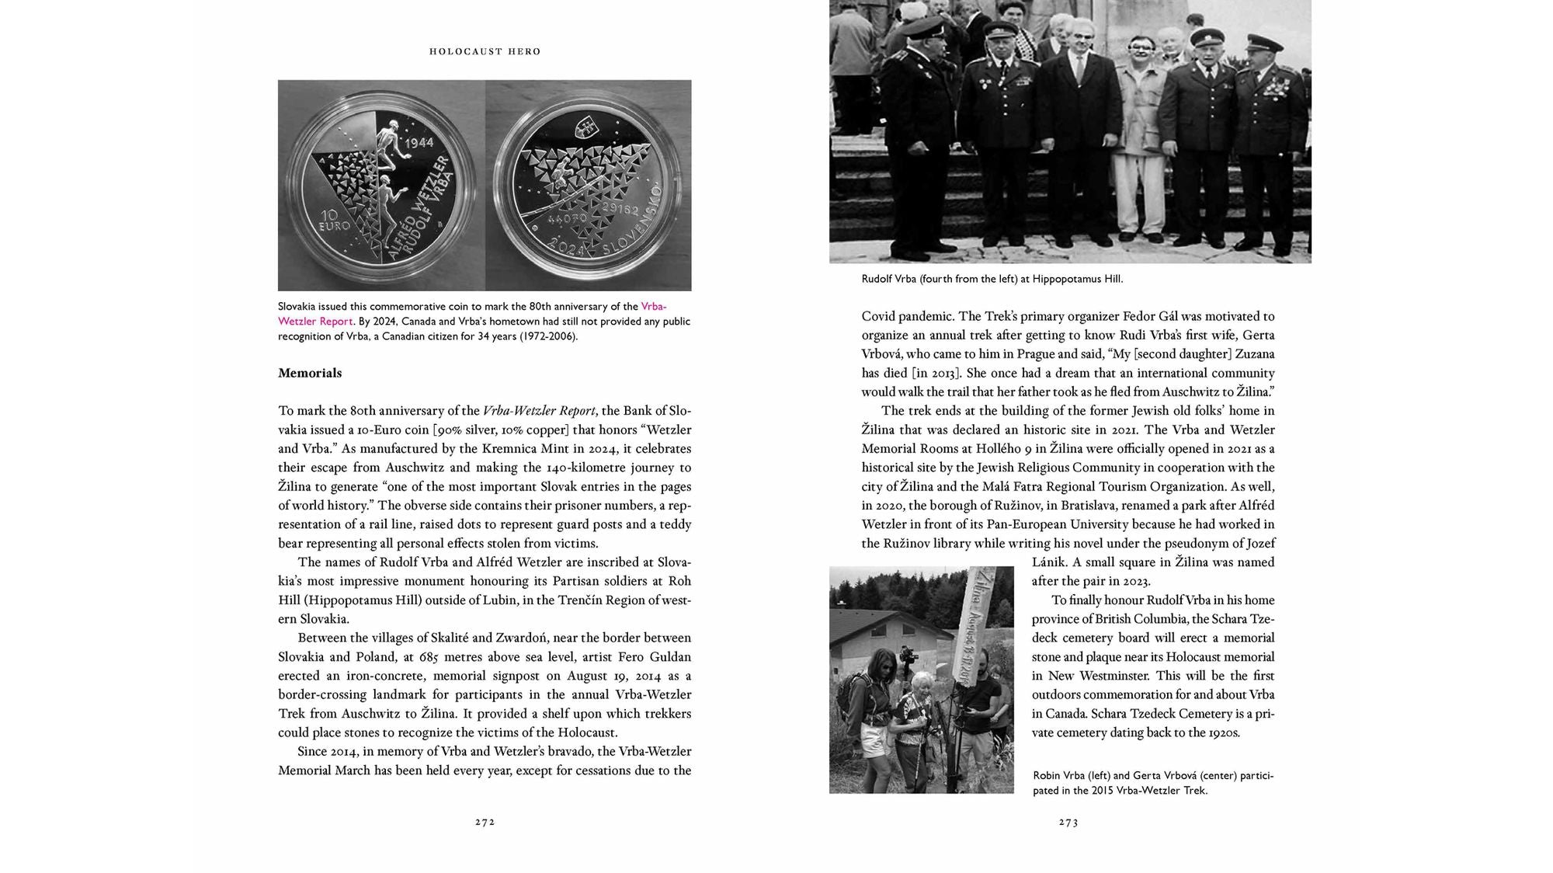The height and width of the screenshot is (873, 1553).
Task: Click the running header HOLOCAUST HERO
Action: (x=485, y=51)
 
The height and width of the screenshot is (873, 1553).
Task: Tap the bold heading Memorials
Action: (x=310, y=373)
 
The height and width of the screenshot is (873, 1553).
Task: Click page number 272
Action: (x=485, y=822)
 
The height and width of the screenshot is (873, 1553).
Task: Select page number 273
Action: (x=1068, y=822)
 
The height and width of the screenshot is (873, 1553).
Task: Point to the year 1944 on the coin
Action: (x=419, y=144)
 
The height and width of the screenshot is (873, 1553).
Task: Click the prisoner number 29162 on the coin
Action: (x=631, y=211)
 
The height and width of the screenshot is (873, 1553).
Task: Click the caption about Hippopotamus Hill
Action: (x=992, y=279)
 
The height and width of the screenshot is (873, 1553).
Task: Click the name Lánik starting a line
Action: (x=1049, y=562)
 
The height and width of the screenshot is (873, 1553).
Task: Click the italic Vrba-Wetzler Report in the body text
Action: (x=539, y=411)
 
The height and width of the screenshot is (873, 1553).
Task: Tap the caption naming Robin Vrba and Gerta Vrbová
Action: (x=1153, y=783)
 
